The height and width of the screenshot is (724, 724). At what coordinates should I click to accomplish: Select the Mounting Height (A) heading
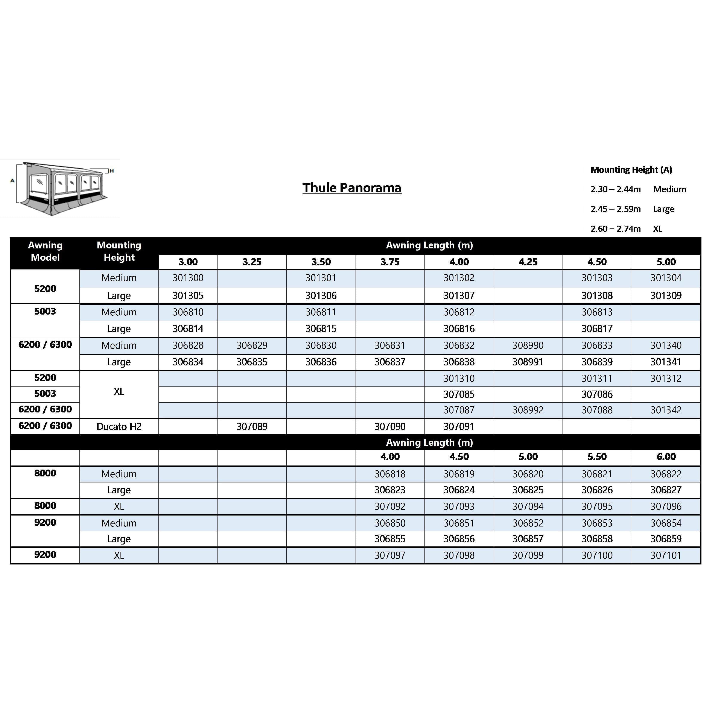(631, 170)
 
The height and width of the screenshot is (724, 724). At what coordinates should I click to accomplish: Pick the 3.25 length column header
(252, 262)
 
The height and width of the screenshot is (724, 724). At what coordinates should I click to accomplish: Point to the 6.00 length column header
(666, 456)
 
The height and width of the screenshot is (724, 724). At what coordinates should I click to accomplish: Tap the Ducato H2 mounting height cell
(119, 426)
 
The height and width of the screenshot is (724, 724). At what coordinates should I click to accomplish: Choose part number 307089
(252, 426)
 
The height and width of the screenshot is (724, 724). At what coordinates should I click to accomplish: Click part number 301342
(666, 410)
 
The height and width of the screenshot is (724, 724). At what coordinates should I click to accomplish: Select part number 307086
(597, 394)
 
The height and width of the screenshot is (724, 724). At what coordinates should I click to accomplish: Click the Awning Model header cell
(45, 251)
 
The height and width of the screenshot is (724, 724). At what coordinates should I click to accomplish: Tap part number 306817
(597, 329)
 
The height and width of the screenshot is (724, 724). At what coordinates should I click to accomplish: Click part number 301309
(666, 296)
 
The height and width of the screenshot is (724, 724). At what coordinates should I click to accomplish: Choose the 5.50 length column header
(597, 456)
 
